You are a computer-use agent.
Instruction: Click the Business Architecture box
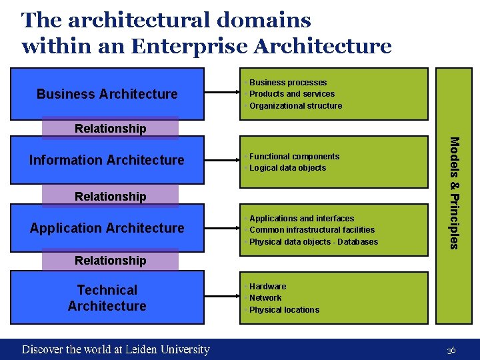click(x=107, y=93)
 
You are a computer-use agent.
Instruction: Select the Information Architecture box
click(x=107, y=160)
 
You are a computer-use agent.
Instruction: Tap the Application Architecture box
click(x=107, y=228)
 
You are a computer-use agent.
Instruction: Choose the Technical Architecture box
click(x=107, y=298)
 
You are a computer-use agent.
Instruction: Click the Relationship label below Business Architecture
click(x=110, y=129)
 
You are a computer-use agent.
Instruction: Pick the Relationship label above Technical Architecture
click(x=110, y=261)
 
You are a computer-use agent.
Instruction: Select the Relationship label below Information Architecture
click(x=110, y=197)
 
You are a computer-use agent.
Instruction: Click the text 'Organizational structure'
click(x=295, y=106)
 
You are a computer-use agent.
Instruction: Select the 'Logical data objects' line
click(x=287, y=168)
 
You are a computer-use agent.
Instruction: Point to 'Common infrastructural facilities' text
click(x=312, y=230)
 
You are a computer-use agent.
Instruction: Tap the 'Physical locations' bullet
click(x=284, y=310)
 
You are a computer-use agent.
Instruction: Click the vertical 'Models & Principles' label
click(x=453, y=193)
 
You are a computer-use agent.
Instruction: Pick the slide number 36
click(x=451, y=350)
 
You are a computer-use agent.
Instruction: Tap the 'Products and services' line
click(x=292, y=94)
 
